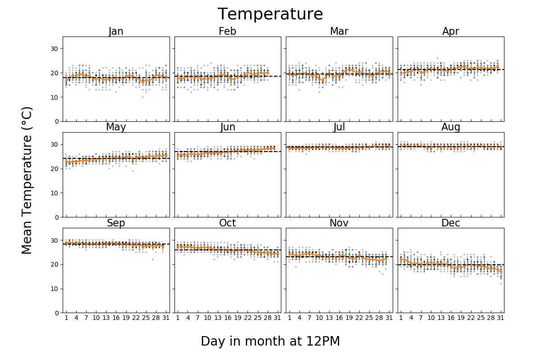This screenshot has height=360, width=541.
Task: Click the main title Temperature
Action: [x=270, y=14]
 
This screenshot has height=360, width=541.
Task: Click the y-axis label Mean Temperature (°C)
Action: [x=27, y=180]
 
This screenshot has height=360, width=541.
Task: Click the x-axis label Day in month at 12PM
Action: [x=270, y=342]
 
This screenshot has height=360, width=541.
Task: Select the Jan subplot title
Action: [x=116, y=32]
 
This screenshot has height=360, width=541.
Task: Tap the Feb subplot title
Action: [x=227, y=32]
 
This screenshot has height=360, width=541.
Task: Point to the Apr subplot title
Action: [x=450, y=32]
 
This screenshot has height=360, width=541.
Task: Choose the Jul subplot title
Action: [x=339, y=127]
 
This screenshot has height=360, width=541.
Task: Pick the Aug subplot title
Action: [x=450, y=127]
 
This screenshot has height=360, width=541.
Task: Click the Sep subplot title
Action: [x=116, y=223]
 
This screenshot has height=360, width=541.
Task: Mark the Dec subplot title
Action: [x=450, y=223]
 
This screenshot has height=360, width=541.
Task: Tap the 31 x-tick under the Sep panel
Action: [x=165, y=318]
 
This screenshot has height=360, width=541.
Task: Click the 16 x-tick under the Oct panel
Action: [x=228, y=318]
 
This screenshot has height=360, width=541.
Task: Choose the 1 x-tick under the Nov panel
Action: [x=289, y=318]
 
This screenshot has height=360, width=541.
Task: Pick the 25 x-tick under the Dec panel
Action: [x=481, y=318]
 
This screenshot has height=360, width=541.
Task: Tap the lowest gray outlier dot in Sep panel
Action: [x=152, y=259]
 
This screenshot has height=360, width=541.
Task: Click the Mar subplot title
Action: [x=339, y=32]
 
